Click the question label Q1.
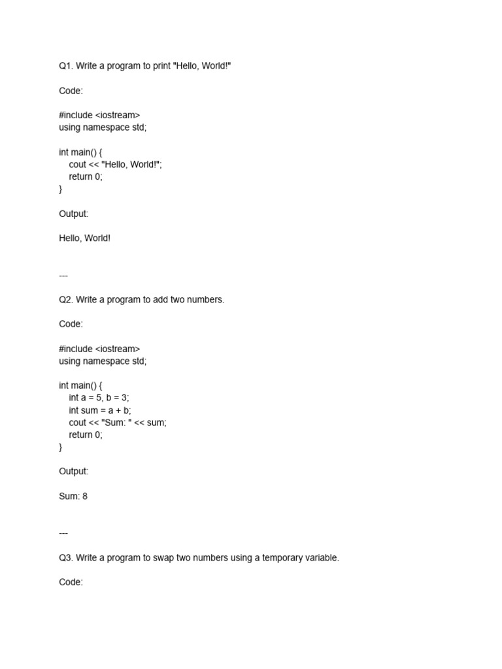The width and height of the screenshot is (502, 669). click(66, 66)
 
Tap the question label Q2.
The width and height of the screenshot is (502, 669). click(66, 299)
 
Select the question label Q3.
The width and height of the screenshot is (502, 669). click(66, 557)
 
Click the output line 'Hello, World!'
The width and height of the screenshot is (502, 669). click(85, 238)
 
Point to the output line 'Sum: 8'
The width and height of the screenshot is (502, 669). click(73, 496)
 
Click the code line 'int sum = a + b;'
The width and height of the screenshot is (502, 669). click(100, 410)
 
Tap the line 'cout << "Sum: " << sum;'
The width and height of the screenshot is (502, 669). click(118, 423)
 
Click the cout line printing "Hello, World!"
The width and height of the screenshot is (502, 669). click(115, 165)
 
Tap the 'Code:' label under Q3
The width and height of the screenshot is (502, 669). click(71, 582)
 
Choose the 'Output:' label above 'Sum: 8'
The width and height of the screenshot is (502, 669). click(73, 471)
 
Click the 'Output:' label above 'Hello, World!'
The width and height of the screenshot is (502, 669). click(73, 214)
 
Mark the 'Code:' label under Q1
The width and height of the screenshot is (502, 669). click(71, 91)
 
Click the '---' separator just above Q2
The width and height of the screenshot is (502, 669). click(63, 275)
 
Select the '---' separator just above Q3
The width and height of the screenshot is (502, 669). click(63, 533)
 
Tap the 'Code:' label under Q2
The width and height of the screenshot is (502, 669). click(71, 324)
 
